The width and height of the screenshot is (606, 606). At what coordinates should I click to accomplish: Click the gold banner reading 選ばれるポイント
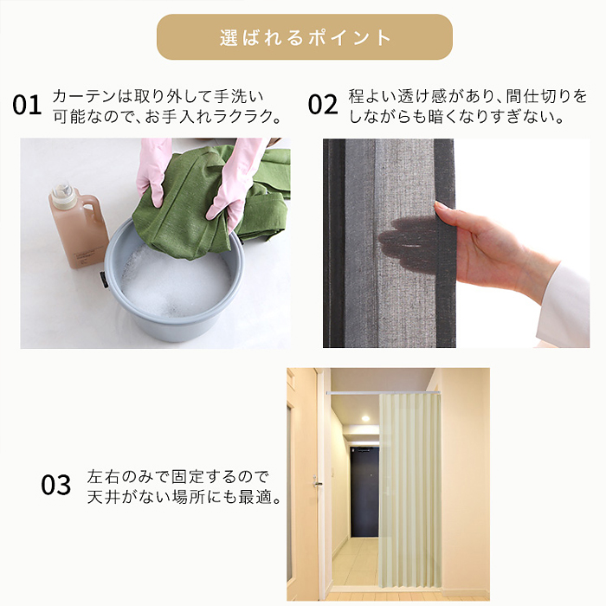[x=305, y=37]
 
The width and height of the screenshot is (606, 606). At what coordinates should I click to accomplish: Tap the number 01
[x=27, y=105]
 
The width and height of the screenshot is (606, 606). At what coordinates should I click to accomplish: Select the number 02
[x=323, y=105]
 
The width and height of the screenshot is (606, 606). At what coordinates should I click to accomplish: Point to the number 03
[x=56, y=485]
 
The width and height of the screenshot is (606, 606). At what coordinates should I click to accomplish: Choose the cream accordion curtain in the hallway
[x=409, y=491]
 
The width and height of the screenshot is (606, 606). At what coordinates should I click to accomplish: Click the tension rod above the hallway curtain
[x=384, y=392]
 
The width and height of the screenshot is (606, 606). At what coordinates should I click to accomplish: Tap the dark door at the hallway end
[x=364, y=491]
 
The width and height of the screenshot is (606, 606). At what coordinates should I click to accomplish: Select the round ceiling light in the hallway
[x=365, y=418]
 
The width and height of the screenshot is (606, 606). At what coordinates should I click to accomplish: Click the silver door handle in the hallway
[x=317, y=482]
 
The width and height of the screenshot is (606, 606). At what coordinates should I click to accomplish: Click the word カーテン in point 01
[x=84, y=96]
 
